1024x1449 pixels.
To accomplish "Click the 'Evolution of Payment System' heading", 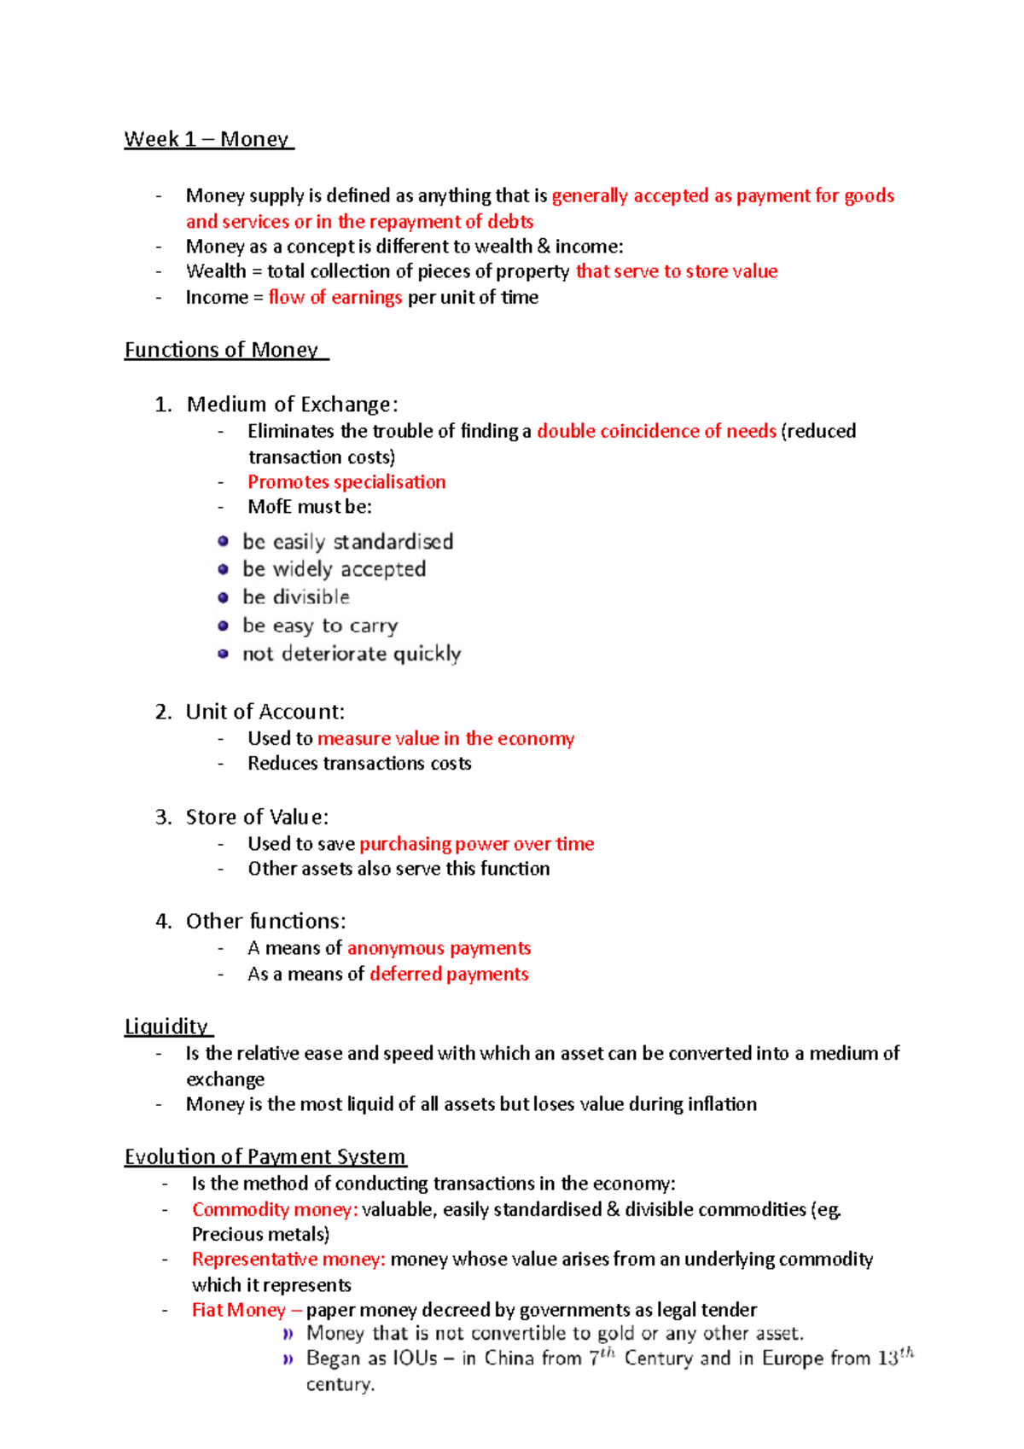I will [x=265, y=1156].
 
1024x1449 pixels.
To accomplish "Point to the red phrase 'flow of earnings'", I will [x=335, y=297].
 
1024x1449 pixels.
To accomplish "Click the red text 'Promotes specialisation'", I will [x=346, y=482].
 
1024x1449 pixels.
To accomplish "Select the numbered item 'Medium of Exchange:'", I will [x=292, y=404].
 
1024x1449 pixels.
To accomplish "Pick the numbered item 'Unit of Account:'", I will [x=265, y=712].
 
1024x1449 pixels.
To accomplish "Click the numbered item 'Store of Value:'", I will [x=257, y=817].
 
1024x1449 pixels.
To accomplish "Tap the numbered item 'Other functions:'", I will [x=265, y=922].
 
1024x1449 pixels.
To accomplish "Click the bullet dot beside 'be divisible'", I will [x=224, y=597].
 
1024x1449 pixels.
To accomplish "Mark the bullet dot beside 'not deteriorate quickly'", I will [x=224, y=654].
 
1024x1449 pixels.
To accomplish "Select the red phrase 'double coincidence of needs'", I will [x=656, y=431].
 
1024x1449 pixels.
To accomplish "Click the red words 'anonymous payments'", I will [x=439, y=948].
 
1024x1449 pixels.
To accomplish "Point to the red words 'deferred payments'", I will [x=449, y=974].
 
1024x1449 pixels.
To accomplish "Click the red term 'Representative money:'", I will [x=288, y=1260].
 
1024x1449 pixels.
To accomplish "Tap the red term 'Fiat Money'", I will [x=238, y=1310].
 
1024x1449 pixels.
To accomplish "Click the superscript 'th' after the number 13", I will [x=906, y=1353].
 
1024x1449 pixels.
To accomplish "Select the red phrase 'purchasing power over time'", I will [x=476, y=844].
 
